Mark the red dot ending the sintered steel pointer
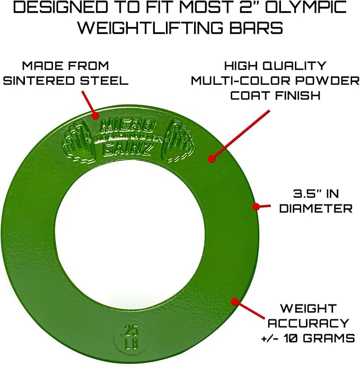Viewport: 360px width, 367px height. [95, 115]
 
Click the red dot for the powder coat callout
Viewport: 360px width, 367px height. [212, 158]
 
